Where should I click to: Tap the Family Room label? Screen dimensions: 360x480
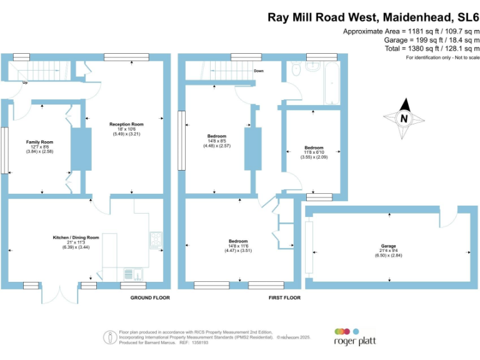(x=39, y=142)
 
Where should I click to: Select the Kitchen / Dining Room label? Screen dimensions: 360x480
(x=76, y=237)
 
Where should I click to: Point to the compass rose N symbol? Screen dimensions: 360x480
(x=404, y=118)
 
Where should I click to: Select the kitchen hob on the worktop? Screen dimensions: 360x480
(x=155, y=239)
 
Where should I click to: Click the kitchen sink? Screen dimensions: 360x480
(x=131, y=273)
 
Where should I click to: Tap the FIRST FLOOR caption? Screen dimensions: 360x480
(x=284, y=298)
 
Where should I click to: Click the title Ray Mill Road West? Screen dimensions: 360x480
(x=321, y=17)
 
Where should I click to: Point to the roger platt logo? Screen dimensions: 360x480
(x=354, y=337)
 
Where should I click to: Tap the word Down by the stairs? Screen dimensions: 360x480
(x=259, y=71)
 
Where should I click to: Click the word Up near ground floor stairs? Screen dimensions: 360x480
(x=25, y=82)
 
